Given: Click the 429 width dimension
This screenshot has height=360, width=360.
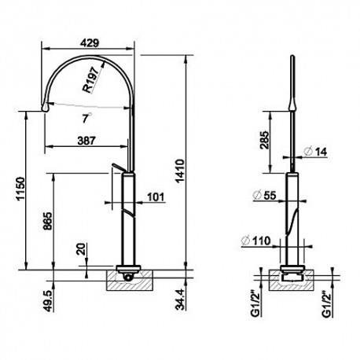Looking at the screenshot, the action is point(90,42).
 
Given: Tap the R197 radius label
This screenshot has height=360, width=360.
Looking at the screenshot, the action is point(91,79).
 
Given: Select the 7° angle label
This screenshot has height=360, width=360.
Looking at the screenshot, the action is point(86,118).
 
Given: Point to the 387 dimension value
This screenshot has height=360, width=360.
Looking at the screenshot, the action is point(86,141).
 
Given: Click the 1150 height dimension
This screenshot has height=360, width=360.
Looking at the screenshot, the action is point(20,189).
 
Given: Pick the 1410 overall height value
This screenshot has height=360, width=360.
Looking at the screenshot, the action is point(180,171).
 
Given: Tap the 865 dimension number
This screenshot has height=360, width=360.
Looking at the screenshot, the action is point(48,221).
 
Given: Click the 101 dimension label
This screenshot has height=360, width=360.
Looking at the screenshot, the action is point(156,197).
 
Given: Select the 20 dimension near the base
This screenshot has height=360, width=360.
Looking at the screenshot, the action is point(82,249).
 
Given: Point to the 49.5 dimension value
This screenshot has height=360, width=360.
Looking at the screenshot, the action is point(48,300).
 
